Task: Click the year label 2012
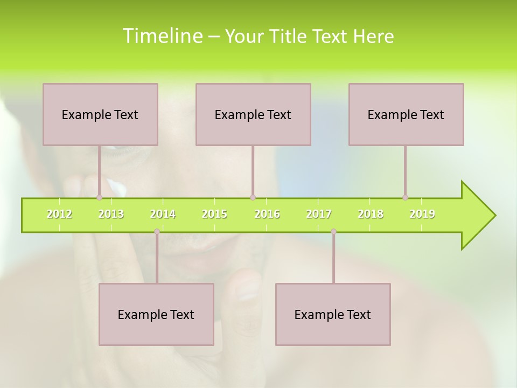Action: (x=59, y=214)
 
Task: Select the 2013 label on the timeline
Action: (x=111, y=214)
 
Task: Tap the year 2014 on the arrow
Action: (x=163, y=214)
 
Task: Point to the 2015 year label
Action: (x=214, y=214)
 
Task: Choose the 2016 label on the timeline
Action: (x=267, y=214)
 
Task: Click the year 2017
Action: (x=319, y=214)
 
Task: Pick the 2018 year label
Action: (x=371, y=214)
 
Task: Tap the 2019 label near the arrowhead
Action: (x=422, y=214)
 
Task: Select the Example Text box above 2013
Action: (x=100, y=114)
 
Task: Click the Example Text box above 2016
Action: (x=253, y=114)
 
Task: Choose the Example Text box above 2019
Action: (x=406, y=114)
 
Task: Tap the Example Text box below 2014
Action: (x=156, y=314)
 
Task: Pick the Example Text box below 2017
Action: (x=333, y=314)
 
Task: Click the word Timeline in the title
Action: (x=162, y=36)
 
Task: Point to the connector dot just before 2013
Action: (x=99, y=197)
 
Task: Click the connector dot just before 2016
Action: (x=253, y=197)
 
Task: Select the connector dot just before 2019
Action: (x=406, y=197)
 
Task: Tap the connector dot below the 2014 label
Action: (x=157, y=232)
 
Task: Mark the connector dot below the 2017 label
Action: (x=333, y=232)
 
